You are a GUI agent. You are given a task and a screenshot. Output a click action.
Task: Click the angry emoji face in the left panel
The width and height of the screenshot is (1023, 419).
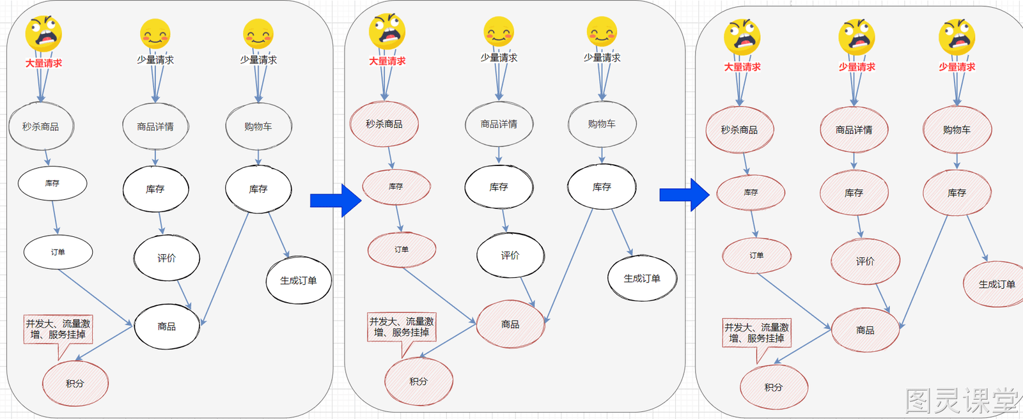(43, 34)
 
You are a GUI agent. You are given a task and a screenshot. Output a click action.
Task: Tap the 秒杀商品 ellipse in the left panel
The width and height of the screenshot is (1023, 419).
(41, 126)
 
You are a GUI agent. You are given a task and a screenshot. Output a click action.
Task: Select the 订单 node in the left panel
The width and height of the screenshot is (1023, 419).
(58, 252)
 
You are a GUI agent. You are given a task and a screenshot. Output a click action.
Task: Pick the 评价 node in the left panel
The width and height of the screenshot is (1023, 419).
(167, 258)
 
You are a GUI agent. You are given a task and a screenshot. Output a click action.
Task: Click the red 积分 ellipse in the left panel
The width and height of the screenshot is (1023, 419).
(75, 383)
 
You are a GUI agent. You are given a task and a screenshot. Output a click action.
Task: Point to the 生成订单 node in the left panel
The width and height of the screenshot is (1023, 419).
(299, 280)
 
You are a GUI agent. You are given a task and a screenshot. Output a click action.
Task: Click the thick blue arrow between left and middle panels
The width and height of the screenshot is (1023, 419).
(336, 201)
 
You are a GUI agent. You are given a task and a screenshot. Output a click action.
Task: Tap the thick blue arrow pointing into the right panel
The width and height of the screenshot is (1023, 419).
(685, 195)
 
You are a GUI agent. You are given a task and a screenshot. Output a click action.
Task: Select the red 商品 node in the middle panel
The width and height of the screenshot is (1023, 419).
(510, 324)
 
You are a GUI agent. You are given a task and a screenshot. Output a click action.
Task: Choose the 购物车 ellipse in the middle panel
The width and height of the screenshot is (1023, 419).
(602, 124)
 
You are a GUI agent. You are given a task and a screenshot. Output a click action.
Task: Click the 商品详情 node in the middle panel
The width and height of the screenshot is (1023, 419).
(499, 124)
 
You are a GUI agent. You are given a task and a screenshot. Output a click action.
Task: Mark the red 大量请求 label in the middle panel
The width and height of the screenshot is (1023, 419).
(387, 61)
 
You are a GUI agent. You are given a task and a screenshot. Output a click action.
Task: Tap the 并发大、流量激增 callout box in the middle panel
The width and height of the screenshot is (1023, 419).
(402, 327)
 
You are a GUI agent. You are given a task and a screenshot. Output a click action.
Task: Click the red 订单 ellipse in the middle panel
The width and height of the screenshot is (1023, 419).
(402, 250)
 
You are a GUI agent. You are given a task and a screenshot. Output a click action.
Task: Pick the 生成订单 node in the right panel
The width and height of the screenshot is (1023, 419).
(996, 284)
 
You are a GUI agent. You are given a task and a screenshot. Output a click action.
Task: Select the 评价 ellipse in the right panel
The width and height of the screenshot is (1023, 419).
(866, 261)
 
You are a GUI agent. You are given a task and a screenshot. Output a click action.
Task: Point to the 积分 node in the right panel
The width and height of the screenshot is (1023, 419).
(774, 387)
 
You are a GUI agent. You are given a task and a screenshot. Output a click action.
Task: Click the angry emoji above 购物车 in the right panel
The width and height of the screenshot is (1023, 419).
(957, 37)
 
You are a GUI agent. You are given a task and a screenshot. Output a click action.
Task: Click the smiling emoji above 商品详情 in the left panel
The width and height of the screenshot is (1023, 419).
(155, 34)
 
